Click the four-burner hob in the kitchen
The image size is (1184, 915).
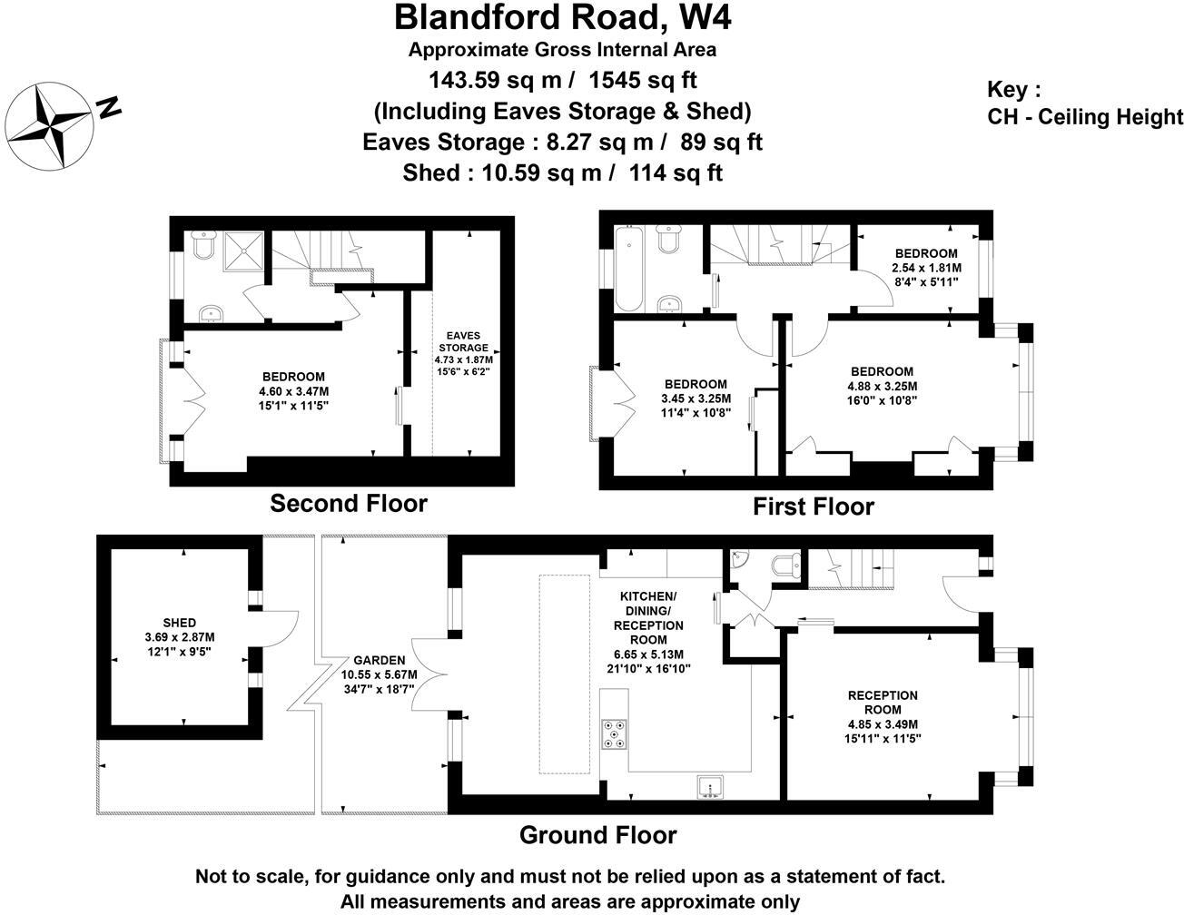tap(614, 733)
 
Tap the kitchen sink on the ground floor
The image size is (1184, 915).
tap(709, 786)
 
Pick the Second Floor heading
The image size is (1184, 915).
tap(349, 503)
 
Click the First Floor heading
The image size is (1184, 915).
tap(813, 507)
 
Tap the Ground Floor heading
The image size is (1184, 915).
tap(598, 834)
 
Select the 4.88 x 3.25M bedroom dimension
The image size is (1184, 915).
tap(882, 386)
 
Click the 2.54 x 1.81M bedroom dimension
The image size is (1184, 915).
tap(926, 268)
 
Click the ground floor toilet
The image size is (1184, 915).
tap(784, 566)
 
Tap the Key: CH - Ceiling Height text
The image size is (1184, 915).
tap(1084, 103)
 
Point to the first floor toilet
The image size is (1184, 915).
tap(670, 241)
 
